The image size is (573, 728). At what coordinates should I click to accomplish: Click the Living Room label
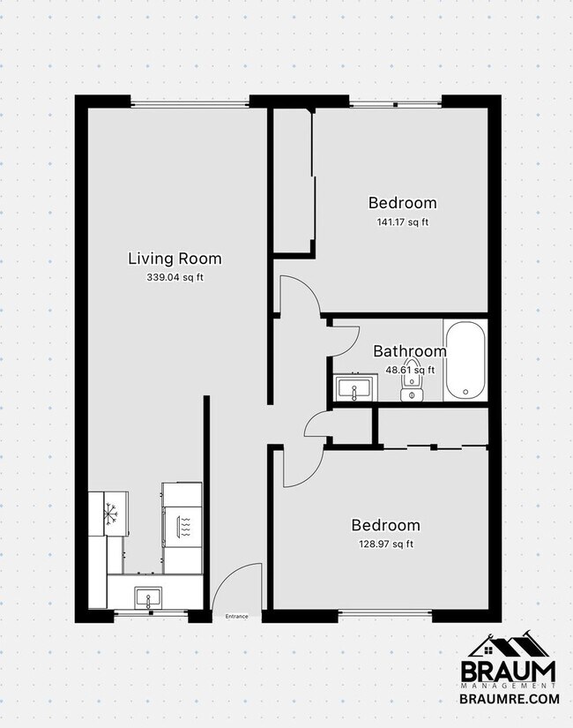coord(175,259)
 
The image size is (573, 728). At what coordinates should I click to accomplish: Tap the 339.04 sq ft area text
coord(175,277)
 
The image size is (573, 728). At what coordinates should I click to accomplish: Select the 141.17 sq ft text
coord(402,221)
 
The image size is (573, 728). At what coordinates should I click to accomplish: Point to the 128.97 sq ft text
coord(385,544)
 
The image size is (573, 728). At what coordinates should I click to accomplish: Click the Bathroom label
coord(409,351)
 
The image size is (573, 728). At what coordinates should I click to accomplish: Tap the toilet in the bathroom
coord(410,387)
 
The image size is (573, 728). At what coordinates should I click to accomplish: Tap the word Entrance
coord(237,616)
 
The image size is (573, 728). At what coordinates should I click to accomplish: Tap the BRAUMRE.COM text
coord(510,698)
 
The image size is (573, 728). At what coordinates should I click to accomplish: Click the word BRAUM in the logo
coord(510,672)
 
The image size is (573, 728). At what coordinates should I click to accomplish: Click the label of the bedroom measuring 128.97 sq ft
coord(385,525)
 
